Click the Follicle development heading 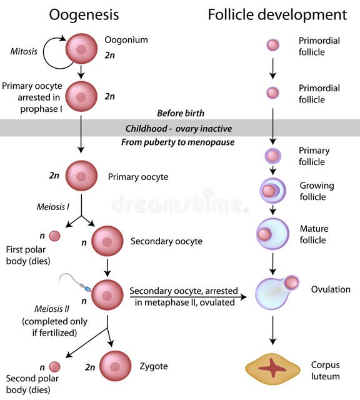[277, 14]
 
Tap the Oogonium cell [81, 49]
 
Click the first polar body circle [55, 236]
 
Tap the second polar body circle [55, 367]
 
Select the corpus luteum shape [272, 369]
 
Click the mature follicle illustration [272, 233]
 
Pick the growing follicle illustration [273, 191]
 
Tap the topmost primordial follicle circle [273, 45]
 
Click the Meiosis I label [51, 207]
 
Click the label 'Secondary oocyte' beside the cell [166, 241]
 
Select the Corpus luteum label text [326, 371]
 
